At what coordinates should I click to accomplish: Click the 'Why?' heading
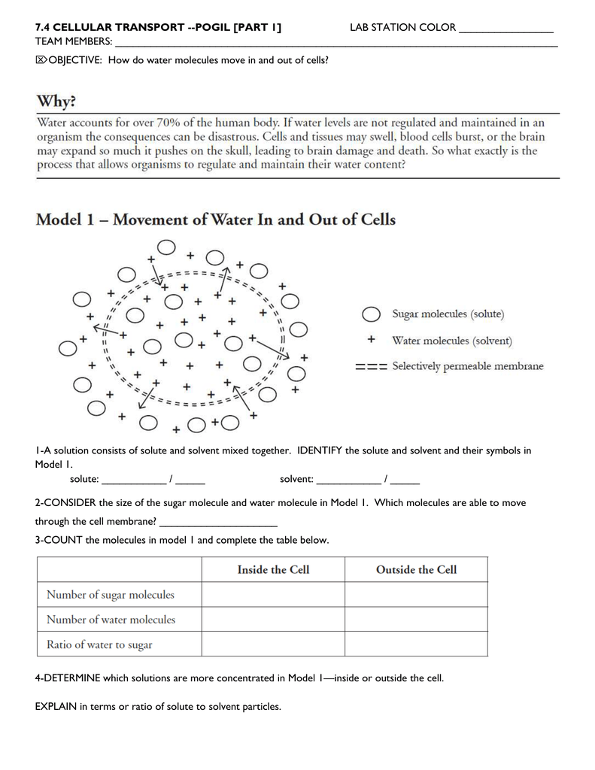point(56,100)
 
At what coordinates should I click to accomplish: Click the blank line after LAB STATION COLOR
point(505,30)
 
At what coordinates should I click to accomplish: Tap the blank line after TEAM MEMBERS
point(335,43)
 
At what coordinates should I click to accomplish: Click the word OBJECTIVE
point(74,60)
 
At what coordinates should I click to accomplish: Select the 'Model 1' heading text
point(215,220)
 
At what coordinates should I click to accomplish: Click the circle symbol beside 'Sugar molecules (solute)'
point(370,314)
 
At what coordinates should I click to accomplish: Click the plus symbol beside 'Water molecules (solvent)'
point(370,341)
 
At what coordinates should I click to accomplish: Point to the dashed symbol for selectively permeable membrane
point(370,367)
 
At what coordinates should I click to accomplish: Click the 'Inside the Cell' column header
point(273,569)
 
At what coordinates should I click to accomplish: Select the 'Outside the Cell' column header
point(416,569)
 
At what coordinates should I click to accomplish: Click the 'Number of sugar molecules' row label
point(111,595)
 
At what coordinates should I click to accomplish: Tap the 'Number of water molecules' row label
point(111,620)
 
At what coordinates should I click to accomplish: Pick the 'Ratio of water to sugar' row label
point(99,644)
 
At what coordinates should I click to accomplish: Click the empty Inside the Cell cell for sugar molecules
point(273,595)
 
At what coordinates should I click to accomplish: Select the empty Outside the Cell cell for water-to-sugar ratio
point(416,644)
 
